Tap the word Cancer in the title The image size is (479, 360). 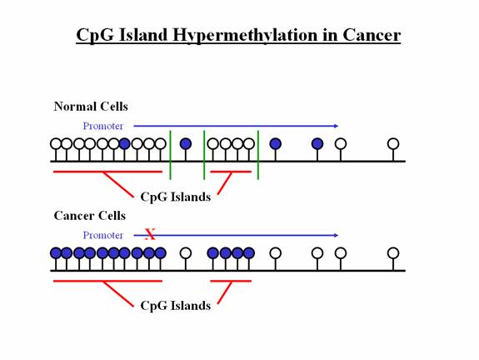pyautogui.click(x=372, y=35)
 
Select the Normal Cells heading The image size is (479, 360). pyautogui.click(x=91, y=107)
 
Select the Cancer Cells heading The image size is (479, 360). pyautogui.click(x=89, y=216)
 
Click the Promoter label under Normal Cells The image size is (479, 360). pyautogui.click(x=103, y=126)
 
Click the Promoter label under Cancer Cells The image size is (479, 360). pyautogui.click(x=103, y=235)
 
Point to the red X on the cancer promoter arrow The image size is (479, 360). pyautogui.click(x=150, y=234)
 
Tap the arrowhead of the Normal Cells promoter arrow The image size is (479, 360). pyautogui.click(x=336, y=126)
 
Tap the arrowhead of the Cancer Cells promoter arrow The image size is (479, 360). pyautogui.click(x=336, y=235)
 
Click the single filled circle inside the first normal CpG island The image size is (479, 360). pyautogui.click(x=124, y=143)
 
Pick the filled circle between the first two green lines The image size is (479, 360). pyautogui.click(x=186, y=143)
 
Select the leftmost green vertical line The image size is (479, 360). pyautogui.click(x=171, y=155)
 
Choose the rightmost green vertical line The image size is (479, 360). pyautogui.click(x=258, y=155)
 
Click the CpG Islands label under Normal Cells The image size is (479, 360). pyautogui.click(x=175, y=197)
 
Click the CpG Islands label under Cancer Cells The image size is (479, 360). pyautogui.click(x=175, y=306)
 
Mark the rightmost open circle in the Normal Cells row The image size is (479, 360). pyautogui.click(x=393, y=143)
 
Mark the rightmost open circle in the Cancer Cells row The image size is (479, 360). pyautogui.click(x=393, y=253)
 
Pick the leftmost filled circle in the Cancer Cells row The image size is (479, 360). pyautogui.click(x=56, y=253)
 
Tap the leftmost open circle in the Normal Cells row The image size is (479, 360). pyautogui.click(x=56, y=143)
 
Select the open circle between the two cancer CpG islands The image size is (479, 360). pyautogui.click(x=186, y=253)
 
